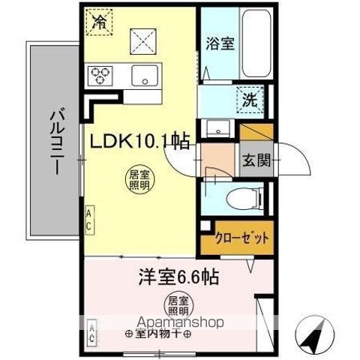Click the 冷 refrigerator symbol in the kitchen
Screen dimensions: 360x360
[97, 20]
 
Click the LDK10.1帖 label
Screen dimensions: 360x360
[139, 140]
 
